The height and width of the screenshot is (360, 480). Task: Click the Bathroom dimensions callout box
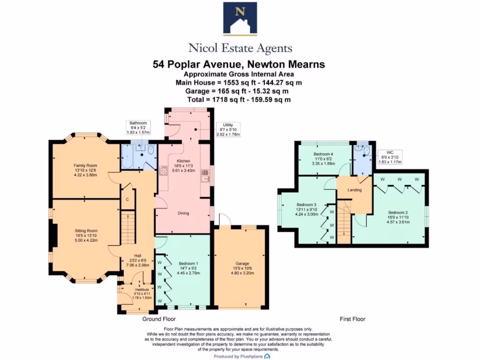coord(138,127)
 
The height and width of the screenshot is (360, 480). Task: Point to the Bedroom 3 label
coord(306,205)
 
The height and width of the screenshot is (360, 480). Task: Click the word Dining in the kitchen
coord(183,213)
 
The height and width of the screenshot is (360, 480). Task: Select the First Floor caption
coord(352,319)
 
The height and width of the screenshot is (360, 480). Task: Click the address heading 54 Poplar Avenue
coord(239,64)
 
